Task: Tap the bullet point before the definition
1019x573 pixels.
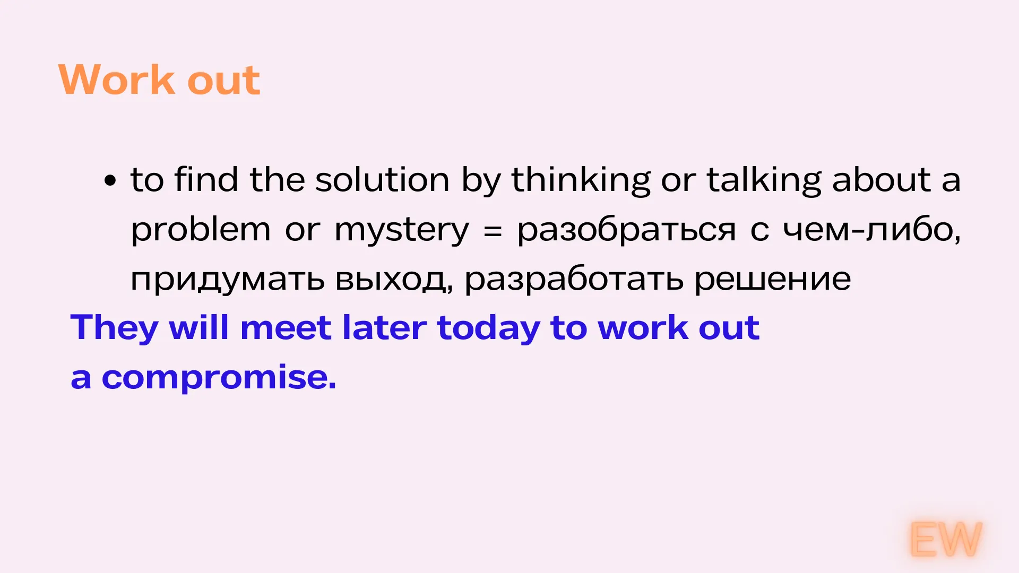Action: [110, 180]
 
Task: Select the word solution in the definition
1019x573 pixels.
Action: [382, 179]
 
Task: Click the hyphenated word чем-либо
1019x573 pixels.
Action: [872, 229]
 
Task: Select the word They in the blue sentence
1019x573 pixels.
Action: [114, 328]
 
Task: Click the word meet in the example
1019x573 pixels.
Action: [286, 328]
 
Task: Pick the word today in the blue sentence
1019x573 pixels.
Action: [488, 328]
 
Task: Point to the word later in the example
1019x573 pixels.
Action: [384, 327]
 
